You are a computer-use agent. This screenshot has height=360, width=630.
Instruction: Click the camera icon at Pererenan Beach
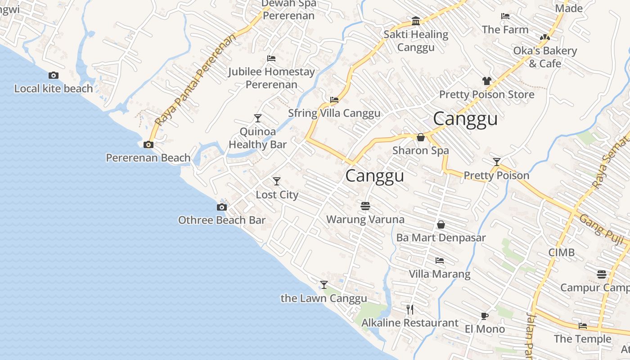pos(148,144)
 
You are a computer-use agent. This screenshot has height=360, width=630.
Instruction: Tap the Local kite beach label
pos(54,89)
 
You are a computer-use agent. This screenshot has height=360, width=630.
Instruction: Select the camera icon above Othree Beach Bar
pos(221,207)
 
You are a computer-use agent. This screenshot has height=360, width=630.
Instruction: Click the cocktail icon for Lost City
pos(277,181)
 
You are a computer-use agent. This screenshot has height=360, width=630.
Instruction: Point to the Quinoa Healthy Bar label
pos(257,138)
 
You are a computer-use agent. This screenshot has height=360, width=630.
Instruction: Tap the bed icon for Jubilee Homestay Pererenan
pos(271,58)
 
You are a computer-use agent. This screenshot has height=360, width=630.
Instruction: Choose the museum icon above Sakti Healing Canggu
pos(416,21)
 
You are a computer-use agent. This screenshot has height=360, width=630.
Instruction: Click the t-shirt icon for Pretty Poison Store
pos(486,81)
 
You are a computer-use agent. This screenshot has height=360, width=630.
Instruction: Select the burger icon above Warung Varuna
pos(365,206)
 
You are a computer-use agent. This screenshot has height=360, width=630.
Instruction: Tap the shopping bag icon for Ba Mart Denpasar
pos(441,224)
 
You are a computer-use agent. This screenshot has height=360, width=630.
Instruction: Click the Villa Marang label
pos(439,274)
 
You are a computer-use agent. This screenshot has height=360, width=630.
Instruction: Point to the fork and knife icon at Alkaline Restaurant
pos(410,309)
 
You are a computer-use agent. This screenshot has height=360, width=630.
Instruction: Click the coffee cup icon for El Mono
pos(484,316)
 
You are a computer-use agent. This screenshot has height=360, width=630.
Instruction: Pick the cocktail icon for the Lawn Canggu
pos(324,284)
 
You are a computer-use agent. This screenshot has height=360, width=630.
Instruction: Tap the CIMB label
pos(561,252)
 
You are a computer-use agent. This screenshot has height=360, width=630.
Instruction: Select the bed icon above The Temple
pos(583,326)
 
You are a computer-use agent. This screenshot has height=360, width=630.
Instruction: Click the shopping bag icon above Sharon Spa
pos(421,137)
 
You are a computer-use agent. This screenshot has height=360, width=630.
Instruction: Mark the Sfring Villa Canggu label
pos(334,113)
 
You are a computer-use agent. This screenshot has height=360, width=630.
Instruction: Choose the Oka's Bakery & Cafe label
pos(545,57)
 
